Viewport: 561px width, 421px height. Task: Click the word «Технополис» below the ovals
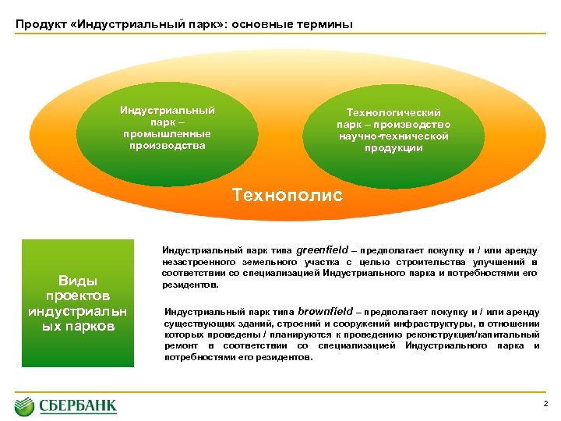287,195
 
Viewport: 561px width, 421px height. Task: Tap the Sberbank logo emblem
26,406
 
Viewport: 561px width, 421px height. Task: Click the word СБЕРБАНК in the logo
78,406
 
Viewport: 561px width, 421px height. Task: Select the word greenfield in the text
323,249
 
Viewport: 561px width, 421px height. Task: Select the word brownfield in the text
324,310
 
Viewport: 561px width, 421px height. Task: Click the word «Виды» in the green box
78,281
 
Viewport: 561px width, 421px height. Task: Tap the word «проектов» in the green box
78,295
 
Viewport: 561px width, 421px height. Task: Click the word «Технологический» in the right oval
393,113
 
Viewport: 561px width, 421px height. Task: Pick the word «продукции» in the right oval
393,148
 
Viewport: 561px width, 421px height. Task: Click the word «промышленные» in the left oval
167,133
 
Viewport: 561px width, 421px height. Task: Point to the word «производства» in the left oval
167,145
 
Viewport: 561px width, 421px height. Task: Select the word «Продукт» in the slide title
39,24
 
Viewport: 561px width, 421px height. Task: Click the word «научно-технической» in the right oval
393,136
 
